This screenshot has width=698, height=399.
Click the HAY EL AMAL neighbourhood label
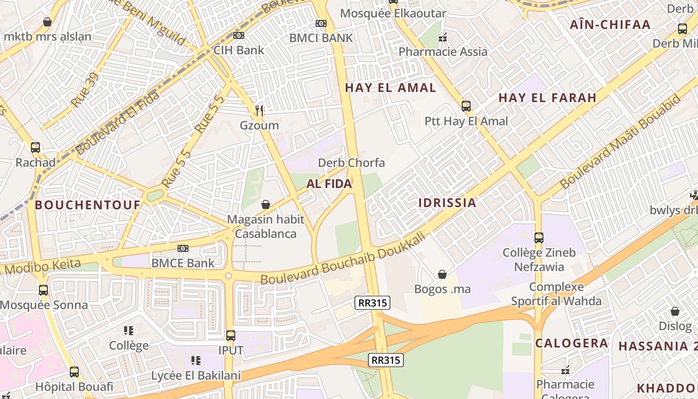pos(390,88)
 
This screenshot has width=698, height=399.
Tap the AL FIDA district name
pos(329,184)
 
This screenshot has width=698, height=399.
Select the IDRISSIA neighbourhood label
pos(447,202)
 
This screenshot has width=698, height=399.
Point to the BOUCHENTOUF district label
pos(88,204)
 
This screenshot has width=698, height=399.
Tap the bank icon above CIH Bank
pos(239,35)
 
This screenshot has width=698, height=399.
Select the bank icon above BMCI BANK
pos(321,23)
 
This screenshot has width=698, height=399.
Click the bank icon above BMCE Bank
pos(183,248)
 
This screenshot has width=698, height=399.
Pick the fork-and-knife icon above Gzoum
pos(259,110)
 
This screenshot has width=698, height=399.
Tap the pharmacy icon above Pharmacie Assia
pos(443,37)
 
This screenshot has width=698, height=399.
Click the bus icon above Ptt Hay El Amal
pos(466,106)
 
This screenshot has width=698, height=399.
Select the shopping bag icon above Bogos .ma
pos(442,274)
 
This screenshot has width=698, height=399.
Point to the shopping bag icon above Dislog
pos(675,312)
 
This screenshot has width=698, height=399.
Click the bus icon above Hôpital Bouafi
pos(74,372)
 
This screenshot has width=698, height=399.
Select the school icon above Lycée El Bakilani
pos(196,360)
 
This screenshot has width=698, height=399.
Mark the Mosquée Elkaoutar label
pos(393,13)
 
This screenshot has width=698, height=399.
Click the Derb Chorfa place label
pos(351,163)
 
